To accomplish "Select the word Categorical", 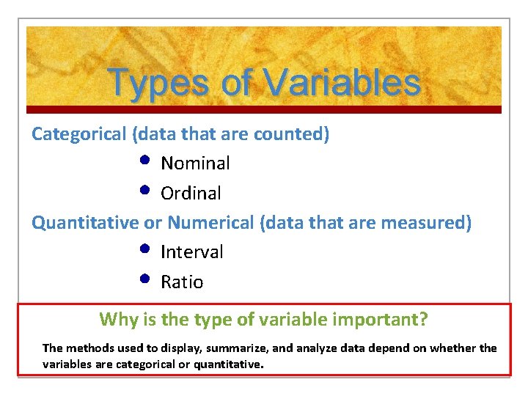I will pyautogui.click(x=79, y=134).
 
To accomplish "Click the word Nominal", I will pyautogui.click(x=195, y=163).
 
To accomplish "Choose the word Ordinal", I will pyautogui.click(x=191, y=193).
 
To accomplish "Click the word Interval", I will pyautogui.click(x=192, y=252).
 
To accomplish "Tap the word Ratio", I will pyautogui.click(x=182, y=282).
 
